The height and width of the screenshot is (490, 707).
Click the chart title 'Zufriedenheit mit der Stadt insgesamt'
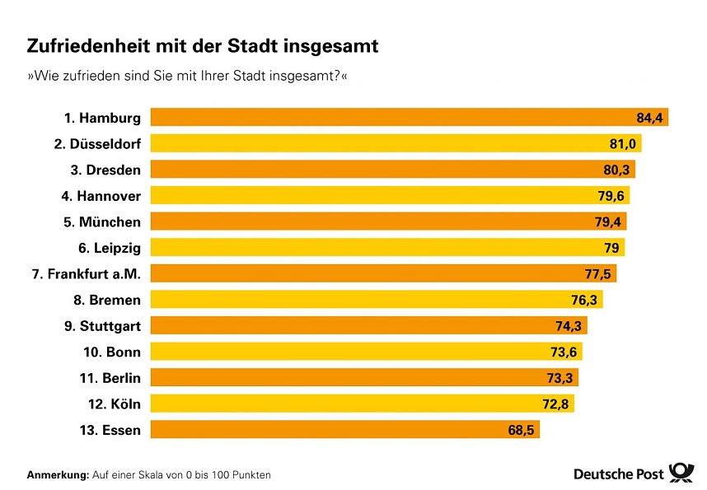coord(203,46)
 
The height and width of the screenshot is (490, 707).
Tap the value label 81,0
coord(623,144)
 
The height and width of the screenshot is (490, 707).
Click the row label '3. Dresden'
coord(103,170)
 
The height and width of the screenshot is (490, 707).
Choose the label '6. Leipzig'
coord(110,248)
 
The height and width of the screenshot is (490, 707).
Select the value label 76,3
coord(584,300)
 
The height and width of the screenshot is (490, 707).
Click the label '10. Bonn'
coord(112,352)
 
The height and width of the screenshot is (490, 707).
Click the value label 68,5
coord(521,430)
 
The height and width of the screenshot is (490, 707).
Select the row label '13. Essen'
coord(110,430)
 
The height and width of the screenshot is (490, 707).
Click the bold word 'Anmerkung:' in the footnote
coord(58,475)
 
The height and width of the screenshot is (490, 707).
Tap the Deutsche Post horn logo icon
coord(681,473)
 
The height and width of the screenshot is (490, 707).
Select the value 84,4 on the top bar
coord(649,118)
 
